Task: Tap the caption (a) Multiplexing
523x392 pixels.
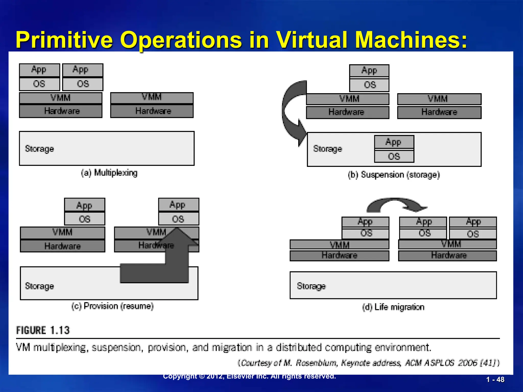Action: pos(109,173)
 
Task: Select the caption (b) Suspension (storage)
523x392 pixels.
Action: pos(394,175)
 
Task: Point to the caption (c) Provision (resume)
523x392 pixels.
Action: pos(112,306)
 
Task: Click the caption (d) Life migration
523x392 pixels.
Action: pos(393,307)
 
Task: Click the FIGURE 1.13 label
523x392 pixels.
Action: pos(43,330)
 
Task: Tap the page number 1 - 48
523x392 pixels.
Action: pos(495,379)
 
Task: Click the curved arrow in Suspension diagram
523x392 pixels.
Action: pos(291,112)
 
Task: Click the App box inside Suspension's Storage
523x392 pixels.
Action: pos(394,142)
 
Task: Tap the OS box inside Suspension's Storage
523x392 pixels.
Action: pos(394,156)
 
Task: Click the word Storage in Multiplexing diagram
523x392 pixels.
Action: pos(40,149)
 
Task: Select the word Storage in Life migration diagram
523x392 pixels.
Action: pos(311,286)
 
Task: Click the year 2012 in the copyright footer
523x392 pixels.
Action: pos(215,376)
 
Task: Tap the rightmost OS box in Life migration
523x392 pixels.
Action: pos(473,234)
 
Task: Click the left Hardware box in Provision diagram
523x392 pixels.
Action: pos(63,246)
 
